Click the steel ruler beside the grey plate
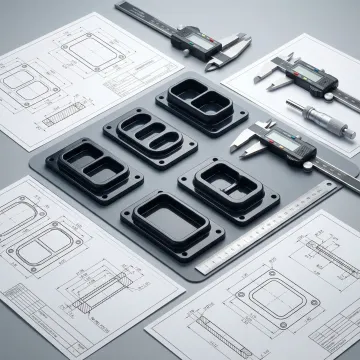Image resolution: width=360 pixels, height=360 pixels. coord(270,228)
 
